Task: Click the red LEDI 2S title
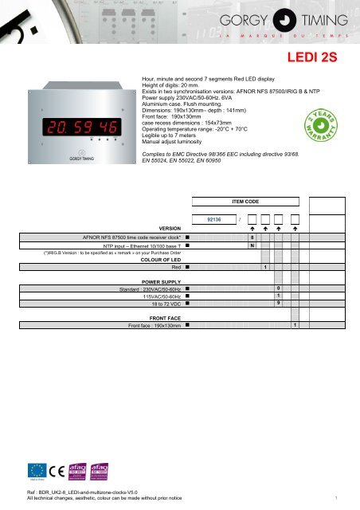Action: pos(320,58)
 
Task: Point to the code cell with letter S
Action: pos(252,237)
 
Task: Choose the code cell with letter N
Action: pos(252,246)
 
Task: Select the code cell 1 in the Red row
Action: pos(265,267)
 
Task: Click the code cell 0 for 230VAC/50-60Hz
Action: pos(278,288)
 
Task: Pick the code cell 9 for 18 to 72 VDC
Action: pos(278,303)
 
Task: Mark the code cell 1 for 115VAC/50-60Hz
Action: pos(278,296)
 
